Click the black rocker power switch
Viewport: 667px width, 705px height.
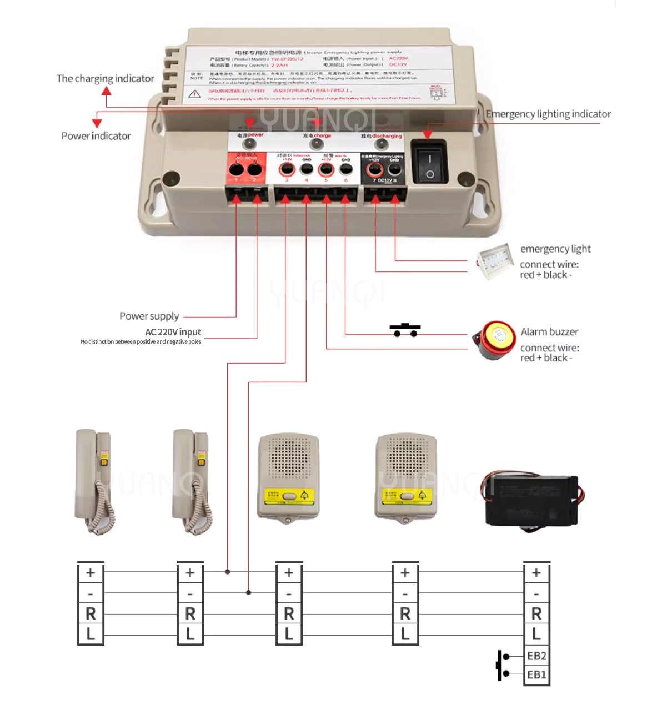pyautogui.click(x=429, y=161)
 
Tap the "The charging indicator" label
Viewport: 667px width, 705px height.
pyautogui.click(x=105, y=79)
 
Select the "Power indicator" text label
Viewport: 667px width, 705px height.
pyautogui.click(x=96, y=136)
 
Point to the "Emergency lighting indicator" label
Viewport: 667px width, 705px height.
pyautogui.click(x=548, y=114)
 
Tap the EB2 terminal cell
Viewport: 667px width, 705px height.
pyautogui.click(x=536, y=656)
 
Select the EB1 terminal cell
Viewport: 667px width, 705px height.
pyautogui.click(x=536, y=675)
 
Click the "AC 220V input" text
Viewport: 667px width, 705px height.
pyautogui.click(x=173, y=332)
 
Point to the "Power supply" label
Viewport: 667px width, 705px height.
pyautogui.click(x=149, y=316)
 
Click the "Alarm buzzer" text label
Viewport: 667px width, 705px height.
pyautogui.click(x=549, y=332)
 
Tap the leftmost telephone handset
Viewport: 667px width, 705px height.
pyautogui.click(x=94, y=481)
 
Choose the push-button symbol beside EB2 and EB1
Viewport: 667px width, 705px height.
pyautogui.click(x=503, y=665)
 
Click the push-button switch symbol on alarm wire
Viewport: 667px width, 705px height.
pyautogui.click(x=405, y=330)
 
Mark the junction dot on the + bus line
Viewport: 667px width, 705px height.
pyautogui.click(x=228, y=571)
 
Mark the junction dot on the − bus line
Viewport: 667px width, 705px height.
pyautogui.click(x=249, y=592)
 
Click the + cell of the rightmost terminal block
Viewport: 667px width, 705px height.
pyautogui.click(x=536, y=573)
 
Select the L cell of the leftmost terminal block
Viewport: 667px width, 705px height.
pyautogui.click(x=91, y=634)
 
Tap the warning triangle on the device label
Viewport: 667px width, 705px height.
pyautogui.click(x=194, y=94)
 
